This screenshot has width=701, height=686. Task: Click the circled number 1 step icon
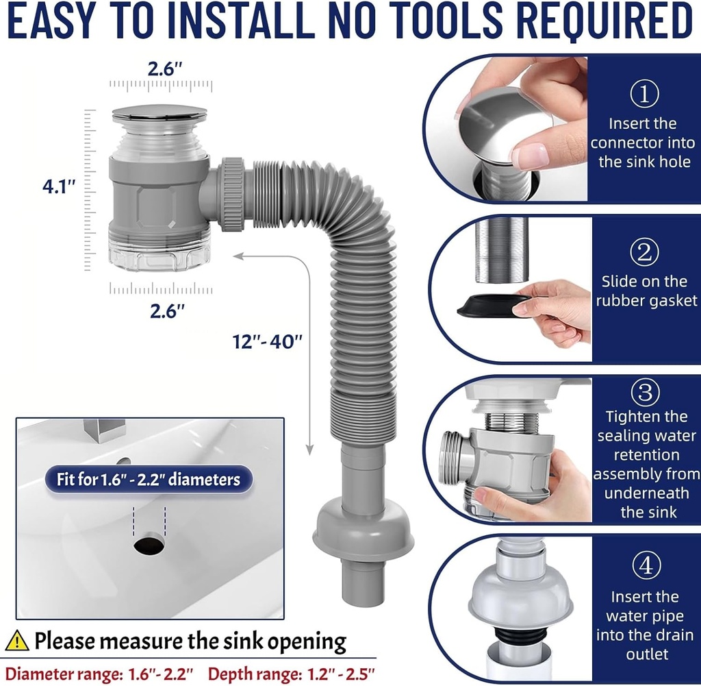643,95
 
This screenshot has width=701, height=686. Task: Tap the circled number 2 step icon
643,252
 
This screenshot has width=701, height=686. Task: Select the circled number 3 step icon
643,392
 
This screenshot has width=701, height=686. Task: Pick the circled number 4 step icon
643,567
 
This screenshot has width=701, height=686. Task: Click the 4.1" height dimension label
58,186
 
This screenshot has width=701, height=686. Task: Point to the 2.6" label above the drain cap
165,69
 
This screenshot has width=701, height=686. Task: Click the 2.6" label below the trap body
168,310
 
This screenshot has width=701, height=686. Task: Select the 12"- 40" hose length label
266,341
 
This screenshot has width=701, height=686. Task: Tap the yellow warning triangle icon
17,641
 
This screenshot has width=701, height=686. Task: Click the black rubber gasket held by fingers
489,305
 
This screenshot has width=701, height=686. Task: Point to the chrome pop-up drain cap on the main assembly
160,114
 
